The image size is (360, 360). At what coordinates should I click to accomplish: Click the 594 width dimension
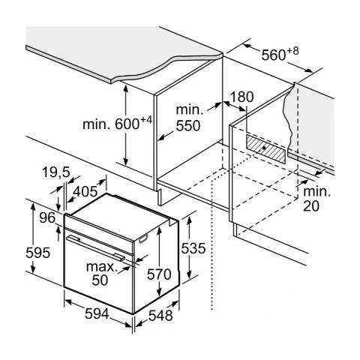(x=97, y=313)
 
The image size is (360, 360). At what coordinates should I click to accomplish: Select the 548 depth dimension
(x=160, y=316)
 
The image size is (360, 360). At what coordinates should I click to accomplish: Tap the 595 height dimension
(x=38, y=253)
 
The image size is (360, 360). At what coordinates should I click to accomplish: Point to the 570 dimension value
(x=159, y=274)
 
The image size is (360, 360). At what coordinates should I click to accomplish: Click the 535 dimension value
(x=193, y=248)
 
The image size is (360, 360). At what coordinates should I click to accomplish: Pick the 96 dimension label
(x=47, y=217)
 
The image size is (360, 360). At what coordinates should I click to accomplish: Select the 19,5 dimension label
(x=55, y=172)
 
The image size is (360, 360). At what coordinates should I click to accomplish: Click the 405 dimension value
(x=85, y=192)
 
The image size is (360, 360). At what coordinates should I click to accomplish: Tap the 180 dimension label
(x=241, y=97)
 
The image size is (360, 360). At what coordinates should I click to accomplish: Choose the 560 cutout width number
(x=274, y=55)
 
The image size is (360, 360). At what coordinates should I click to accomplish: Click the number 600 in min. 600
(x=127, y=124)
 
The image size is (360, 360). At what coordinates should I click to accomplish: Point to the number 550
(x=188, y=126)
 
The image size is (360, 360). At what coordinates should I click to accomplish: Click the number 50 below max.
(x=100, y=280)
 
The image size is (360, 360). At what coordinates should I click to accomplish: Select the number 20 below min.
(x=311, y=206)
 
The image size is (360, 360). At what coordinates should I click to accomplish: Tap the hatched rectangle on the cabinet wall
(x=265, y=149)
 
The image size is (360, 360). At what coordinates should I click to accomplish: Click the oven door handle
(x=96, y=248)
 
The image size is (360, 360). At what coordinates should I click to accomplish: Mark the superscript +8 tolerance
(x=292, y=51)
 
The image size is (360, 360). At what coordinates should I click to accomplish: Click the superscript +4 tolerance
(x=146, y=120)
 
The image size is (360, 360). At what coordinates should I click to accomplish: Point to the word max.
(x=102, y=267)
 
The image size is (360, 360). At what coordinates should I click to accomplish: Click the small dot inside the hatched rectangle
(x=264, y=148)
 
